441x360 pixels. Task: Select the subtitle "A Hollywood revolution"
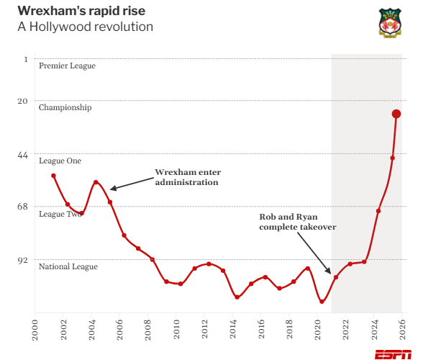point(85,27)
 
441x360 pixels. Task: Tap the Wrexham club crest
point(390,22)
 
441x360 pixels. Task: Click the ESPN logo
point(393,354)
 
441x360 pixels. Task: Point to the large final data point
point(396,114)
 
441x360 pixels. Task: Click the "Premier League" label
point(67,66)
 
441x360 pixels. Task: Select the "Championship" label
point(65,108)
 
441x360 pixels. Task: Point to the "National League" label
point(68,267)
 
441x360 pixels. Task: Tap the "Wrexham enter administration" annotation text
point(188,177)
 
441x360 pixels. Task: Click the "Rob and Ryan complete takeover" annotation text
point(298,221)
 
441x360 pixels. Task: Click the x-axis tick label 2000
point(35,327)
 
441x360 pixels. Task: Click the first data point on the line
point(53,176)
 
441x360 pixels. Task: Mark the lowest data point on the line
point(322,302)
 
